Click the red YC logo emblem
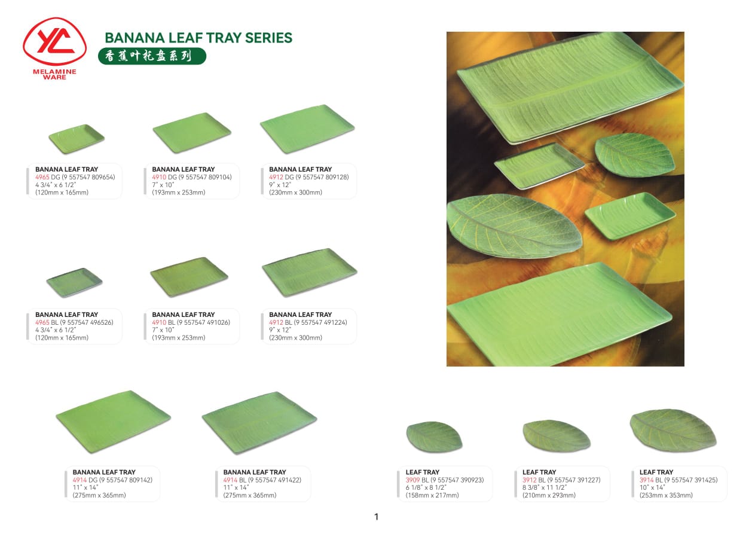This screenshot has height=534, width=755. pos(54,41)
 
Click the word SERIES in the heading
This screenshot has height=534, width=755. pos(268,38)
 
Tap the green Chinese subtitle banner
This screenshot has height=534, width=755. pos(152,56)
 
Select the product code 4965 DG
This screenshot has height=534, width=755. pos(47,177)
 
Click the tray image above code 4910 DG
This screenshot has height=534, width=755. pos(192,133)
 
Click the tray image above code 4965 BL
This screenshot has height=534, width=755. pos(74,282)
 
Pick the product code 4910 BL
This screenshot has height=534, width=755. pos(163,322)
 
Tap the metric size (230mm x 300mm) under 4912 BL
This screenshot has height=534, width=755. pos(295,337)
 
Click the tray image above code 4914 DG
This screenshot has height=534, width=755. pos(113,422)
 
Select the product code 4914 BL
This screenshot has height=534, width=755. pos(234,480)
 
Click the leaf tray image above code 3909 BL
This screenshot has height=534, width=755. pos(435,437)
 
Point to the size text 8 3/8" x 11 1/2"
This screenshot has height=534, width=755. pos(545,487)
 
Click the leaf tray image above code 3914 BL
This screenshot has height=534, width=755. pos(673,430)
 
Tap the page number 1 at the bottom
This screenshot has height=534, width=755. pos(376,517)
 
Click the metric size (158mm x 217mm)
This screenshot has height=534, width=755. pos(432,495)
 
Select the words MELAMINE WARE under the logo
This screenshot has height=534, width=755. pos(54,74)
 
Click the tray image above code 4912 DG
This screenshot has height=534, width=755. pos(307,129)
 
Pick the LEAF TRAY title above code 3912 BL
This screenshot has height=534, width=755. pos(539,472)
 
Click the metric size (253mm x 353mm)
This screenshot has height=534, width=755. pos(666,495)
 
